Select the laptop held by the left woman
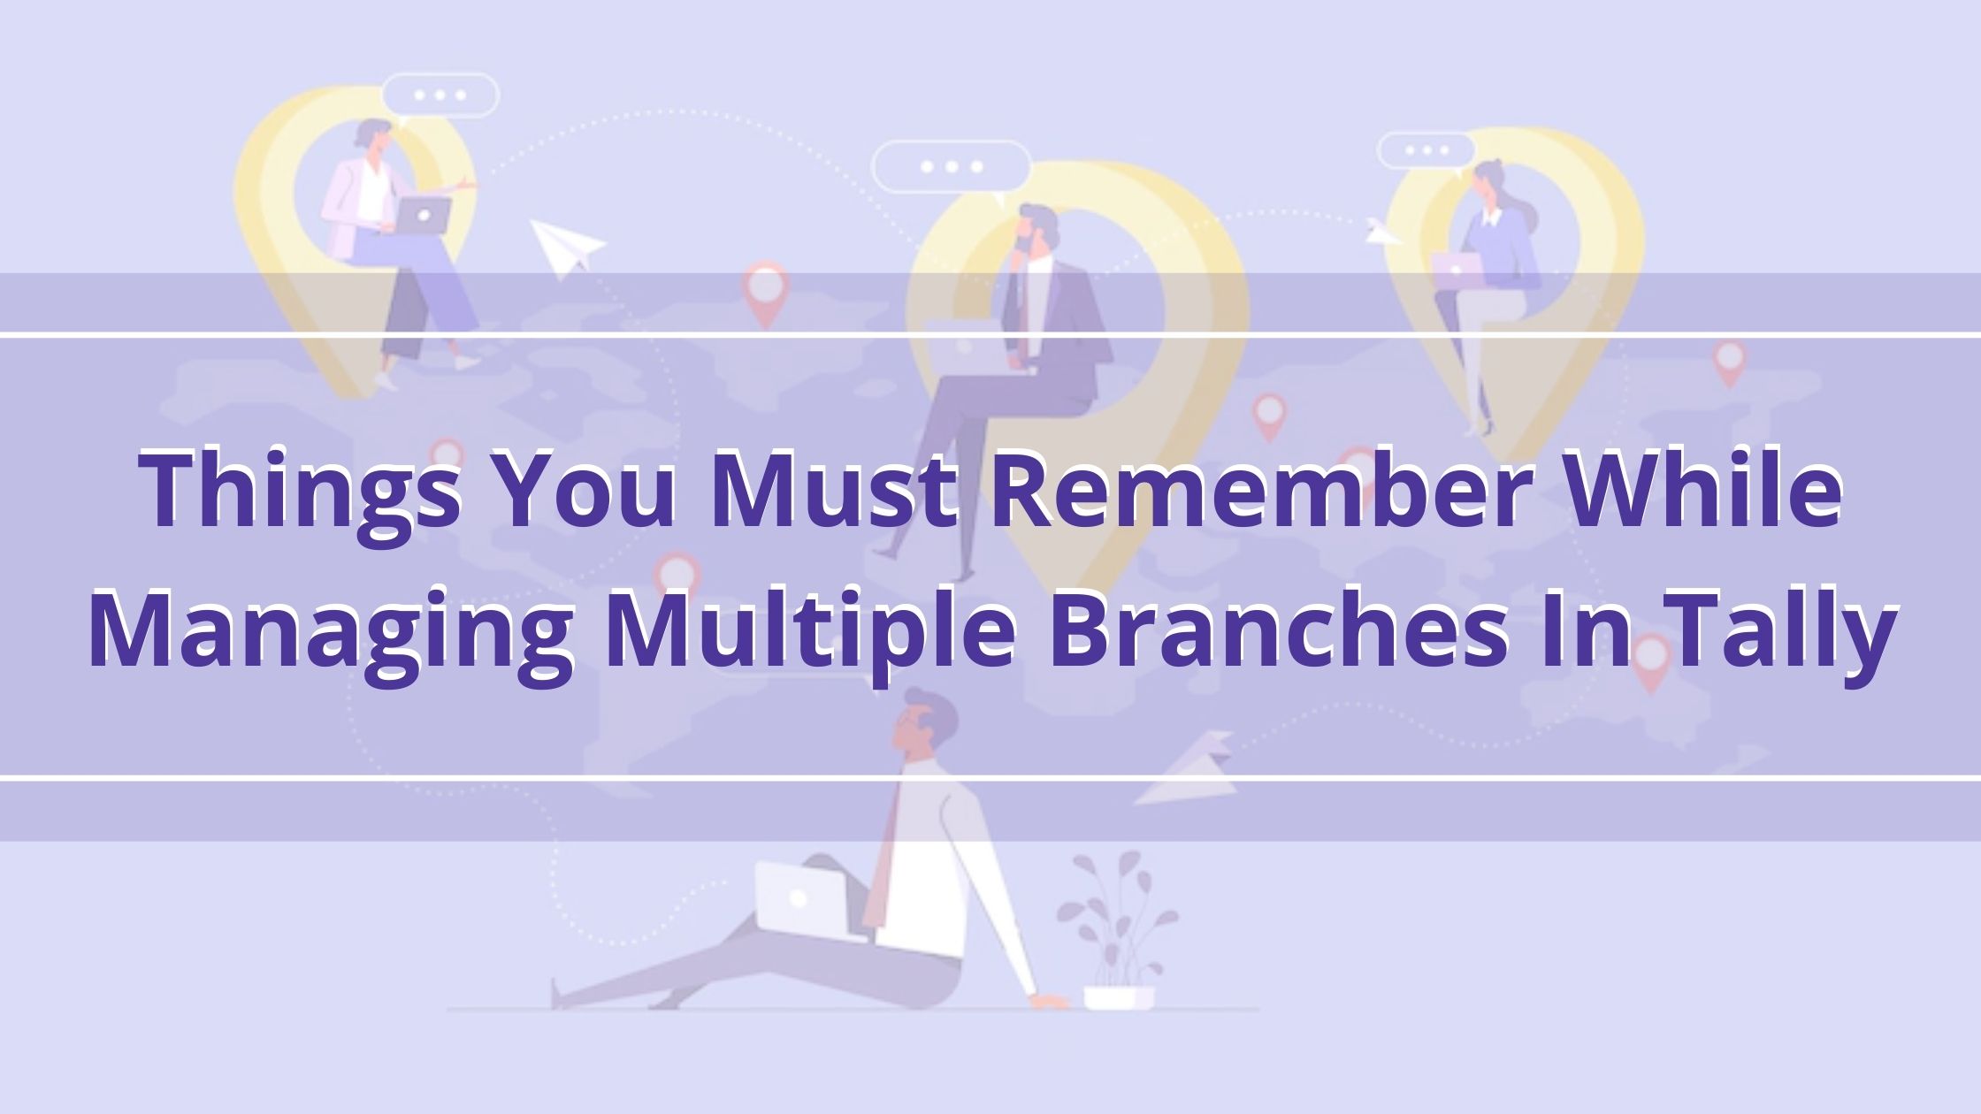[422, 215]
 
